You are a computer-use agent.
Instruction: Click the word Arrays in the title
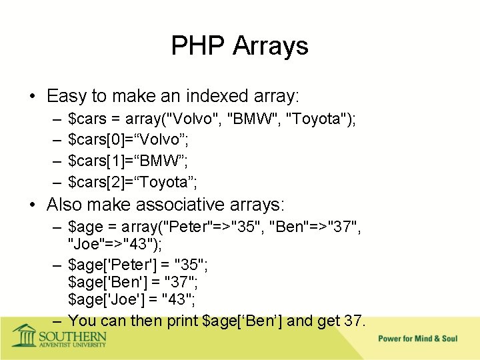(x=271, y=46)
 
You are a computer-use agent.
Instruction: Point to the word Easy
(x=66, y=96)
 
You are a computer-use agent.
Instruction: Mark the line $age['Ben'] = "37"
(x=133, y=283)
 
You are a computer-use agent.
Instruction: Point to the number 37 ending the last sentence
(x=353, y=321)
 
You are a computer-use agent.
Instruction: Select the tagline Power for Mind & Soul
(x=418, y=339)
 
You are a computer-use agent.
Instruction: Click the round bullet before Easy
(x=32, y=97)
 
